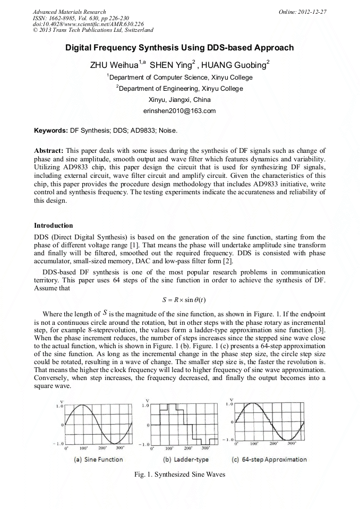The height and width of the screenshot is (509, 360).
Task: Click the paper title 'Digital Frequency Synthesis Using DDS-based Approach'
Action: coord(179,48)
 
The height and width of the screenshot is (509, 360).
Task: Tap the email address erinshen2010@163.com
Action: coord(179,110)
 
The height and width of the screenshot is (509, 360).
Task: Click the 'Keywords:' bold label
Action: coord(51,130)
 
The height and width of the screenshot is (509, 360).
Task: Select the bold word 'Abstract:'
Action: coord(50,151)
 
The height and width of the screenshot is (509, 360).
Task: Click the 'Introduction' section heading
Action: coord(54,226)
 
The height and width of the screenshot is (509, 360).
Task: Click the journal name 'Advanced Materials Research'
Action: coord(69,12)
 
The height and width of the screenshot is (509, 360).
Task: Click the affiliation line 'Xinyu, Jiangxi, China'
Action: coord(179,99)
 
